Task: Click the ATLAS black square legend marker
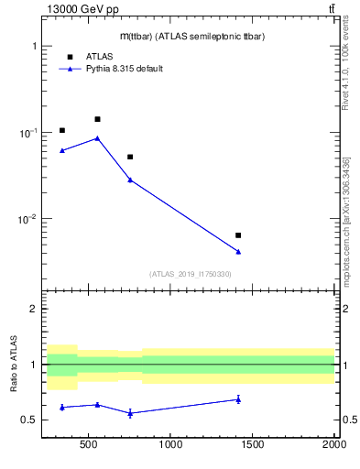click(x=70, y=56)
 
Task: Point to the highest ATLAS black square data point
click(x=97, y=119)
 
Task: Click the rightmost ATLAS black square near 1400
click(x=238, y=235)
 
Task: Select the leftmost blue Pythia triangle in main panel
click(x=62, y=150)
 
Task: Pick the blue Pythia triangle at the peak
click(x=97, y=138)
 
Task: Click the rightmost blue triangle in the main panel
click(x=238, y=251)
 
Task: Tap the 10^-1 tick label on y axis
click(x=26, y=133)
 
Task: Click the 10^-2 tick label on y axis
click(x=26, y=220)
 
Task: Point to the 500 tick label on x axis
click(x=89, y=446)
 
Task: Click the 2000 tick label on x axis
click(x=333, y=446)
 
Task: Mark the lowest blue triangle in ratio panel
click(x=130, y=413)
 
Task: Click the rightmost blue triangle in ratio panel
click(x=238, y=398)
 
